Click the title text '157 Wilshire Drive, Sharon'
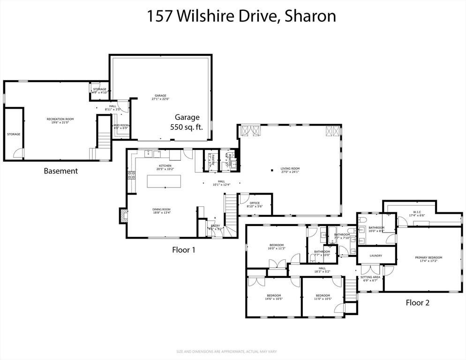pyautogui.click(x=241, y=16)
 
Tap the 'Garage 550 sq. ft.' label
pyautogui.click(x=187, y=122)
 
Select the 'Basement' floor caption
pyautogui.click(x=60, y=171)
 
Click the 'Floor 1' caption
pyautogui.click(x=184, y=250)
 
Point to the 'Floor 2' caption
pyautogui.click(x=417, y=303)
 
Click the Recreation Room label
pyautogui.click(x=60, y=121)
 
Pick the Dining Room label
pyautogui.click(x=161, y=211)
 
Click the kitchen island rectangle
pyautogui.click(x=164, y=181)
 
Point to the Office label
pyautogui.click(x=255, y=205)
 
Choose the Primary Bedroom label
pyautogui.click(x=428, y=259)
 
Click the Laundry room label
pyautogui.click(x=376, y=255)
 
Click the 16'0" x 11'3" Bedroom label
pyautogui.click(x=276, y=247)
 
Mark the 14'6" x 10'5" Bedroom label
pyautogui.click(x=274, y=297)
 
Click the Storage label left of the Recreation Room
pyautogui.click(x=14, y=135)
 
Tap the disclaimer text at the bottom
pyautogui.click(x=233, y=352)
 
